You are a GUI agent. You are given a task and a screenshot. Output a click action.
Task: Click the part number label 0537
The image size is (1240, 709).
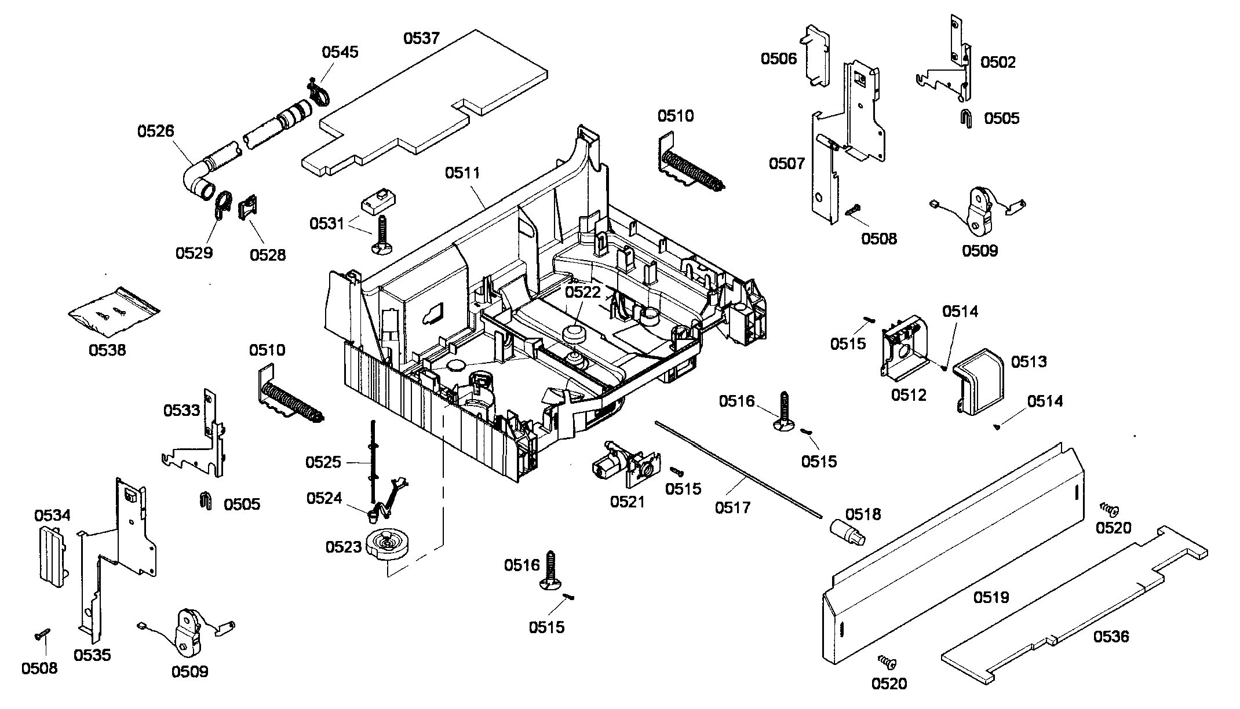click(422, 38)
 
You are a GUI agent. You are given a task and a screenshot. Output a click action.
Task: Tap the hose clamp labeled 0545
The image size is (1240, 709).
click(316, 94)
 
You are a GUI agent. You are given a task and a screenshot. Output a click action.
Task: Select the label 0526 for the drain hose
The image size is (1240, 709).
click(155, 131)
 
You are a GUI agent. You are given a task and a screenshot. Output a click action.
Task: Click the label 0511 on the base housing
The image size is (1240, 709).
click(462, 173)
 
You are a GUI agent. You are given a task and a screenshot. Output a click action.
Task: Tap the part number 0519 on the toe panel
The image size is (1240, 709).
click(991, 597)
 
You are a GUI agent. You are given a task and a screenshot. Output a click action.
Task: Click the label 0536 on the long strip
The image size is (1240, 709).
click(1111, 637)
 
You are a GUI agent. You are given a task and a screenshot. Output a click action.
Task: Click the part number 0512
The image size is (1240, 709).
click(909, 395)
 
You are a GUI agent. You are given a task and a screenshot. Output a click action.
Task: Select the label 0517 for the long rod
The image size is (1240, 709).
click(732, 507)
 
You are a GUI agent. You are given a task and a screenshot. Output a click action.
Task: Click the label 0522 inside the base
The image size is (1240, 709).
click(583, 292)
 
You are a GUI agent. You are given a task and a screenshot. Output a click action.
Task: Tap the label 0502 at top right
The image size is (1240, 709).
click(998, 62)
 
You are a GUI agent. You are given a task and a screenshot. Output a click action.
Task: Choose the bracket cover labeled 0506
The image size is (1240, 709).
click(816, 55)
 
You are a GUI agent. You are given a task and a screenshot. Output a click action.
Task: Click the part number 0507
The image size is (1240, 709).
click(787, 163)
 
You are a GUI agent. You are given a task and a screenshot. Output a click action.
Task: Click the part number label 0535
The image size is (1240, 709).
click(92, 655)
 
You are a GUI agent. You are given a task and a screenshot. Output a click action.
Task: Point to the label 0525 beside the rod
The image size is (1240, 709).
click(323, 462)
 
